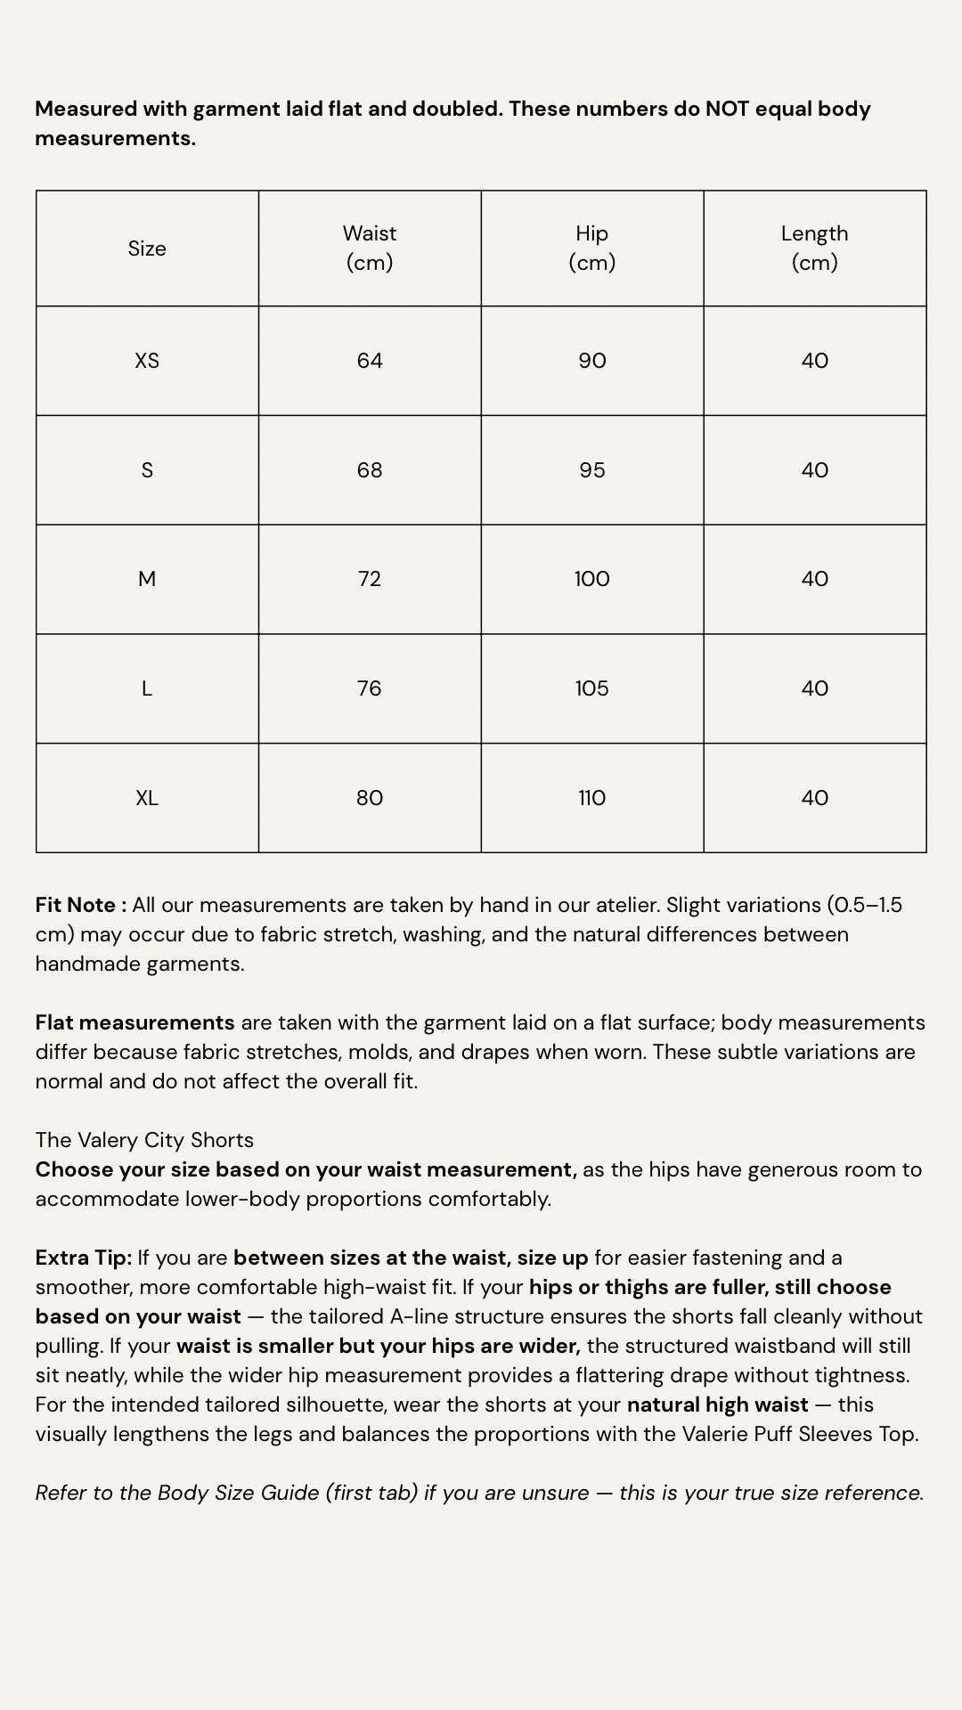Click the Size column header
coord(147,248)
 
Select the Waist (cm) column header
coord(370,248)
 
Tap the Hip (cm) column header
coord(592,248)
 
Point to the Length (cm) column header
coord(814,248)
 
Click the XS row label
coord(147,361)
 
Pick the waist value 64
coord(370,361)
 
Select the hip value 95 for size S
coord(592,470)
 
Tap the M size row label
coord(147,579)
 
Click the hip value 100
coord(592,579)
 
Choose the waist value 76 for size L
coord(370,688)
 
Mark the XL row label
coord(147,798)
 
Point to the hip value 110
coord(592,798)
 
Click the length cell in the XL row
coord(814,798)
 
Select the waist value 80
coord(370,798)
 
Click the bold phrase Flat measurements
coord(135,1022)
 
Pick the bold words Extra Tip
coord(83,1258)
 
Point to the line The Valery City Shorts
coord(144,1140)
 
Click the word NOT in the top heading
coord(727,109)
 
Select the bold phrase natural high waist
coord(717,1405)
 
